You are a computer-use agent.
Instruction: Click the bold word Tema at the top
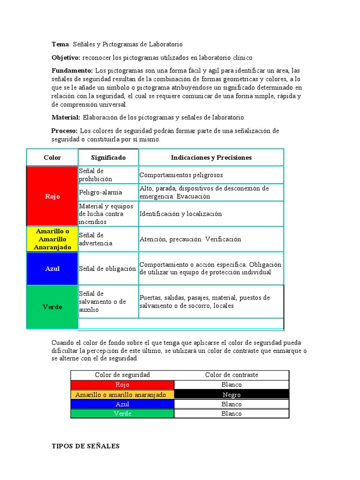(x=60, y=44)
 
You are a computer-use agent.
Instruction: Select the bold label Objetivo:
(x=66, y=58)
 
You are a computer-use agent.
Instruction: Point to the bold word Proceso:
(x=65, y=131)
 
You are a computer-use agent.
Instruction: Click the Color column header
(x=52, y=157)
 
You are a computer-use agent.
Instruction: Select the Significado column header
(x=108, y=157)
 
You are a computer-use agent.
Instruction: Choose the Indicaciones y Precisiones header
(x=211, y=157)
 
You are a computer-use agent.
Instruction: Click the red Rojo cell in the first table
(x=52, y=196)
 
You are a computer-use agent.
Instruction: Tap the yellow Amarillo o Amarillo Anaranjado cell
(x=52, y=239)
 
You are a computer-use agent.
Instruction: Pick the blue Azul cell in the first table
(x=52, y=269)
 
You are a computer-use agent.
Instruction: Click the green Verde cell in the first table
(x=52, y=307)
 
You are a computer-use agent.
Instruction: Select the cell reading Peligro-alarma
(x=100, y=192)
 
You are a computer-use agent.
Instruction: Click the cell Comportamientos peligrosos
(x=181, y=175)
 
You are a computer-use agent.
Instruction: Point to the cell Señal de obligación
(x=107, y=269)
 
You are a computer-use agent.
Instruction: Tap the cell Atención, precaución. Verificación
(x=190, y=239)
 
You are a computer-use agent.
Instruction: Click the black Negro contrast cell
(x=232, y=395)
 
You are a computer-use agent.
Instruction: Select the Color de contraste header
(x=232, y=375)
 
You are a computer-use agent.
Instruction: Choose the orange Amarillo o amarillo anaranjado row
(x=122, y=395)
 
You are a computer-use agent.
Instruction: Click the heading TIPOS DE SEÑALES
(x=85, y=446)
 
